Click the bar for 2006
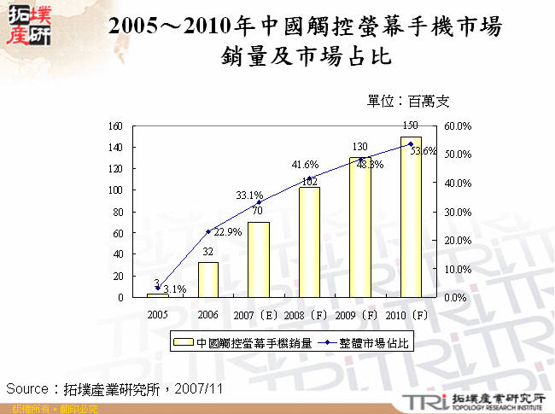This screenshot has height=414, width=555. pyautogui.click(x=207, y=280)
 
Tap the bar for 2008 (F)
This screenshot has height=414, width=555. pyautogui.click(x=309, y=242)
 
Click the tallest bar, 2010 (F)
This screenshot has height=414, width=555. pyautogui.click(x=410, y=217)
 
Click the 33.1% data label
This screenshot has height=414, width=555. pyautogui.click(x=249, y=195)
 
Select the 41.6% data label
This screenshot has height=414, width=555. pyautogui.click(x=305, y=165)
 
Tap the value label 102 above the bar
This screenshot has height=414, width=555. pyautogui.click(x=310, y=181)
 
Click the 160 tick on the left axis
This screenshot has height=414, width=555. pyautogui.click(x=115, y=125)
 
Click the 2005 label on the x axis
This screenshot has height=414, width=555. pyautogui.click(x=156, y=314)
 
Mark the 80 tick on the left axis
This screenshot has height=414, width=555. pyautogui.click(x=118, y=212)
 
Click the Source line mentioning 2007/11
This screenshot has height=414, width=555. pyautogui.click(x=114, y=388)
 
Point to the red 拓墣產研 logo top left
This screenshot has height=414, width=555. pyautogui.click(x=27, y=25)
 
